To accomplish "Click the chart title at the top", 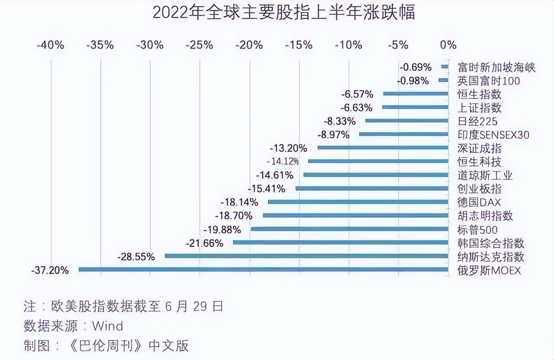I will (x=283, y=13).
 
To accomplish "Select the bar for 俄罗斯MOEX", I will (x=263, y=270).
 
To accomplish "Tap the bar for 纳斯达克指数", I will (x=306, y=256).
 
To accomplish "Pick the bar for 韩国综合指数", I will (x=340, y=242).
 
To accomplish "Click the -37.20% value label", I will (x=50, y=270).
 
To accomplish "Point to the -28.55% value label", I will (x=136, y=257).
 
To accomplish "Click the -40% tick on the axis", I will (x=51, y=45).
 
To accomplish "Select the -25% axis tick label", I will (x=200, y=45).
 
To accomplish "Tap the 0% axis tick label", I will (x=448, y=45).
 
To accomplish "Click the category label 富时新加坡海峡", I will (x=496, y=67).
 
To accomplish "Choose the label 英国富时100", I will (x=489, y=80).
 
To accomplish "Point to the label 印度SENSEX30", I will (x=493, y=135).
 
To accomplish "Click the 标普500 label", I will (x=477, y=229).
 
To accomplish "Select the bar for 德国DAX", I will (x=358, y=202).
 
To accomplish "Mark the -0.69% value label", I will (x=415, y=67).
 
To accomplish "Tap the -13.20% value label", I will (x=288, y=148).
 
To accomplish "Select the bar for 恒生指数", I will (x=415, y=93).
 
